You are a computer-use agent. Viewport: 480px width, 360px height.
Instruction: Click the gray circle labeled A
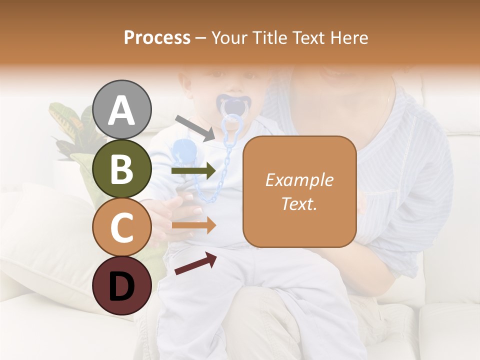(121, 110)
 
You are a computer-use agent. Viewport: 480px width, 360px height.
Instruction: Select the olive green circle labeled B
(121, 168)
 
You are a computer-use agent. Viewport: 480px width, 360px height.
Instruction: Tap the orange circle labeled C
(121, 227)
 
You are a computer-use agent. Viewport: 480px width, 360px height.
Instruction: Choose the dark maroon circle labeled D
(121, 285)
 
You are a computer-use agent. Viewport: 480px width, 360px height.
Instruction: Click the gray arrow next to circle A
(194, 127)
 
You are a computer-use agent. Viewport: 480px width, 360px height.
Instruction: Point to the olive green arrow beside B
(193, 171)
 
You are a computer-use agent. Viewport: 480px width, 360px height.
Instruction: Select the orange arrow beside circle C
(193, 225)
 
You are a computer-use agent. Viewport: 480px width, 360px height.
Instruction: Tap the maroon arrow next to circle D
(195, 263)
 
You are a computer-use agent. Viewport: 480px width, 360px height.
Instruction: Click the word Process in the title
(157, 37)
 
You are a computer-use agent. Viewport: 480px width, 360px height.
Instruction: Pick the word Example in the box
(299, 180)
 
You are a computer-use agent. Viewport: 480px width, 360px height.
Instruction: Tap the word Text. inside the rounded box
(299, 203)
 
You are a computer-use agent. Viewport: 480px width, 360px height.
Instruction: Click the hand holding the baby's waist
(175, 210)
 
